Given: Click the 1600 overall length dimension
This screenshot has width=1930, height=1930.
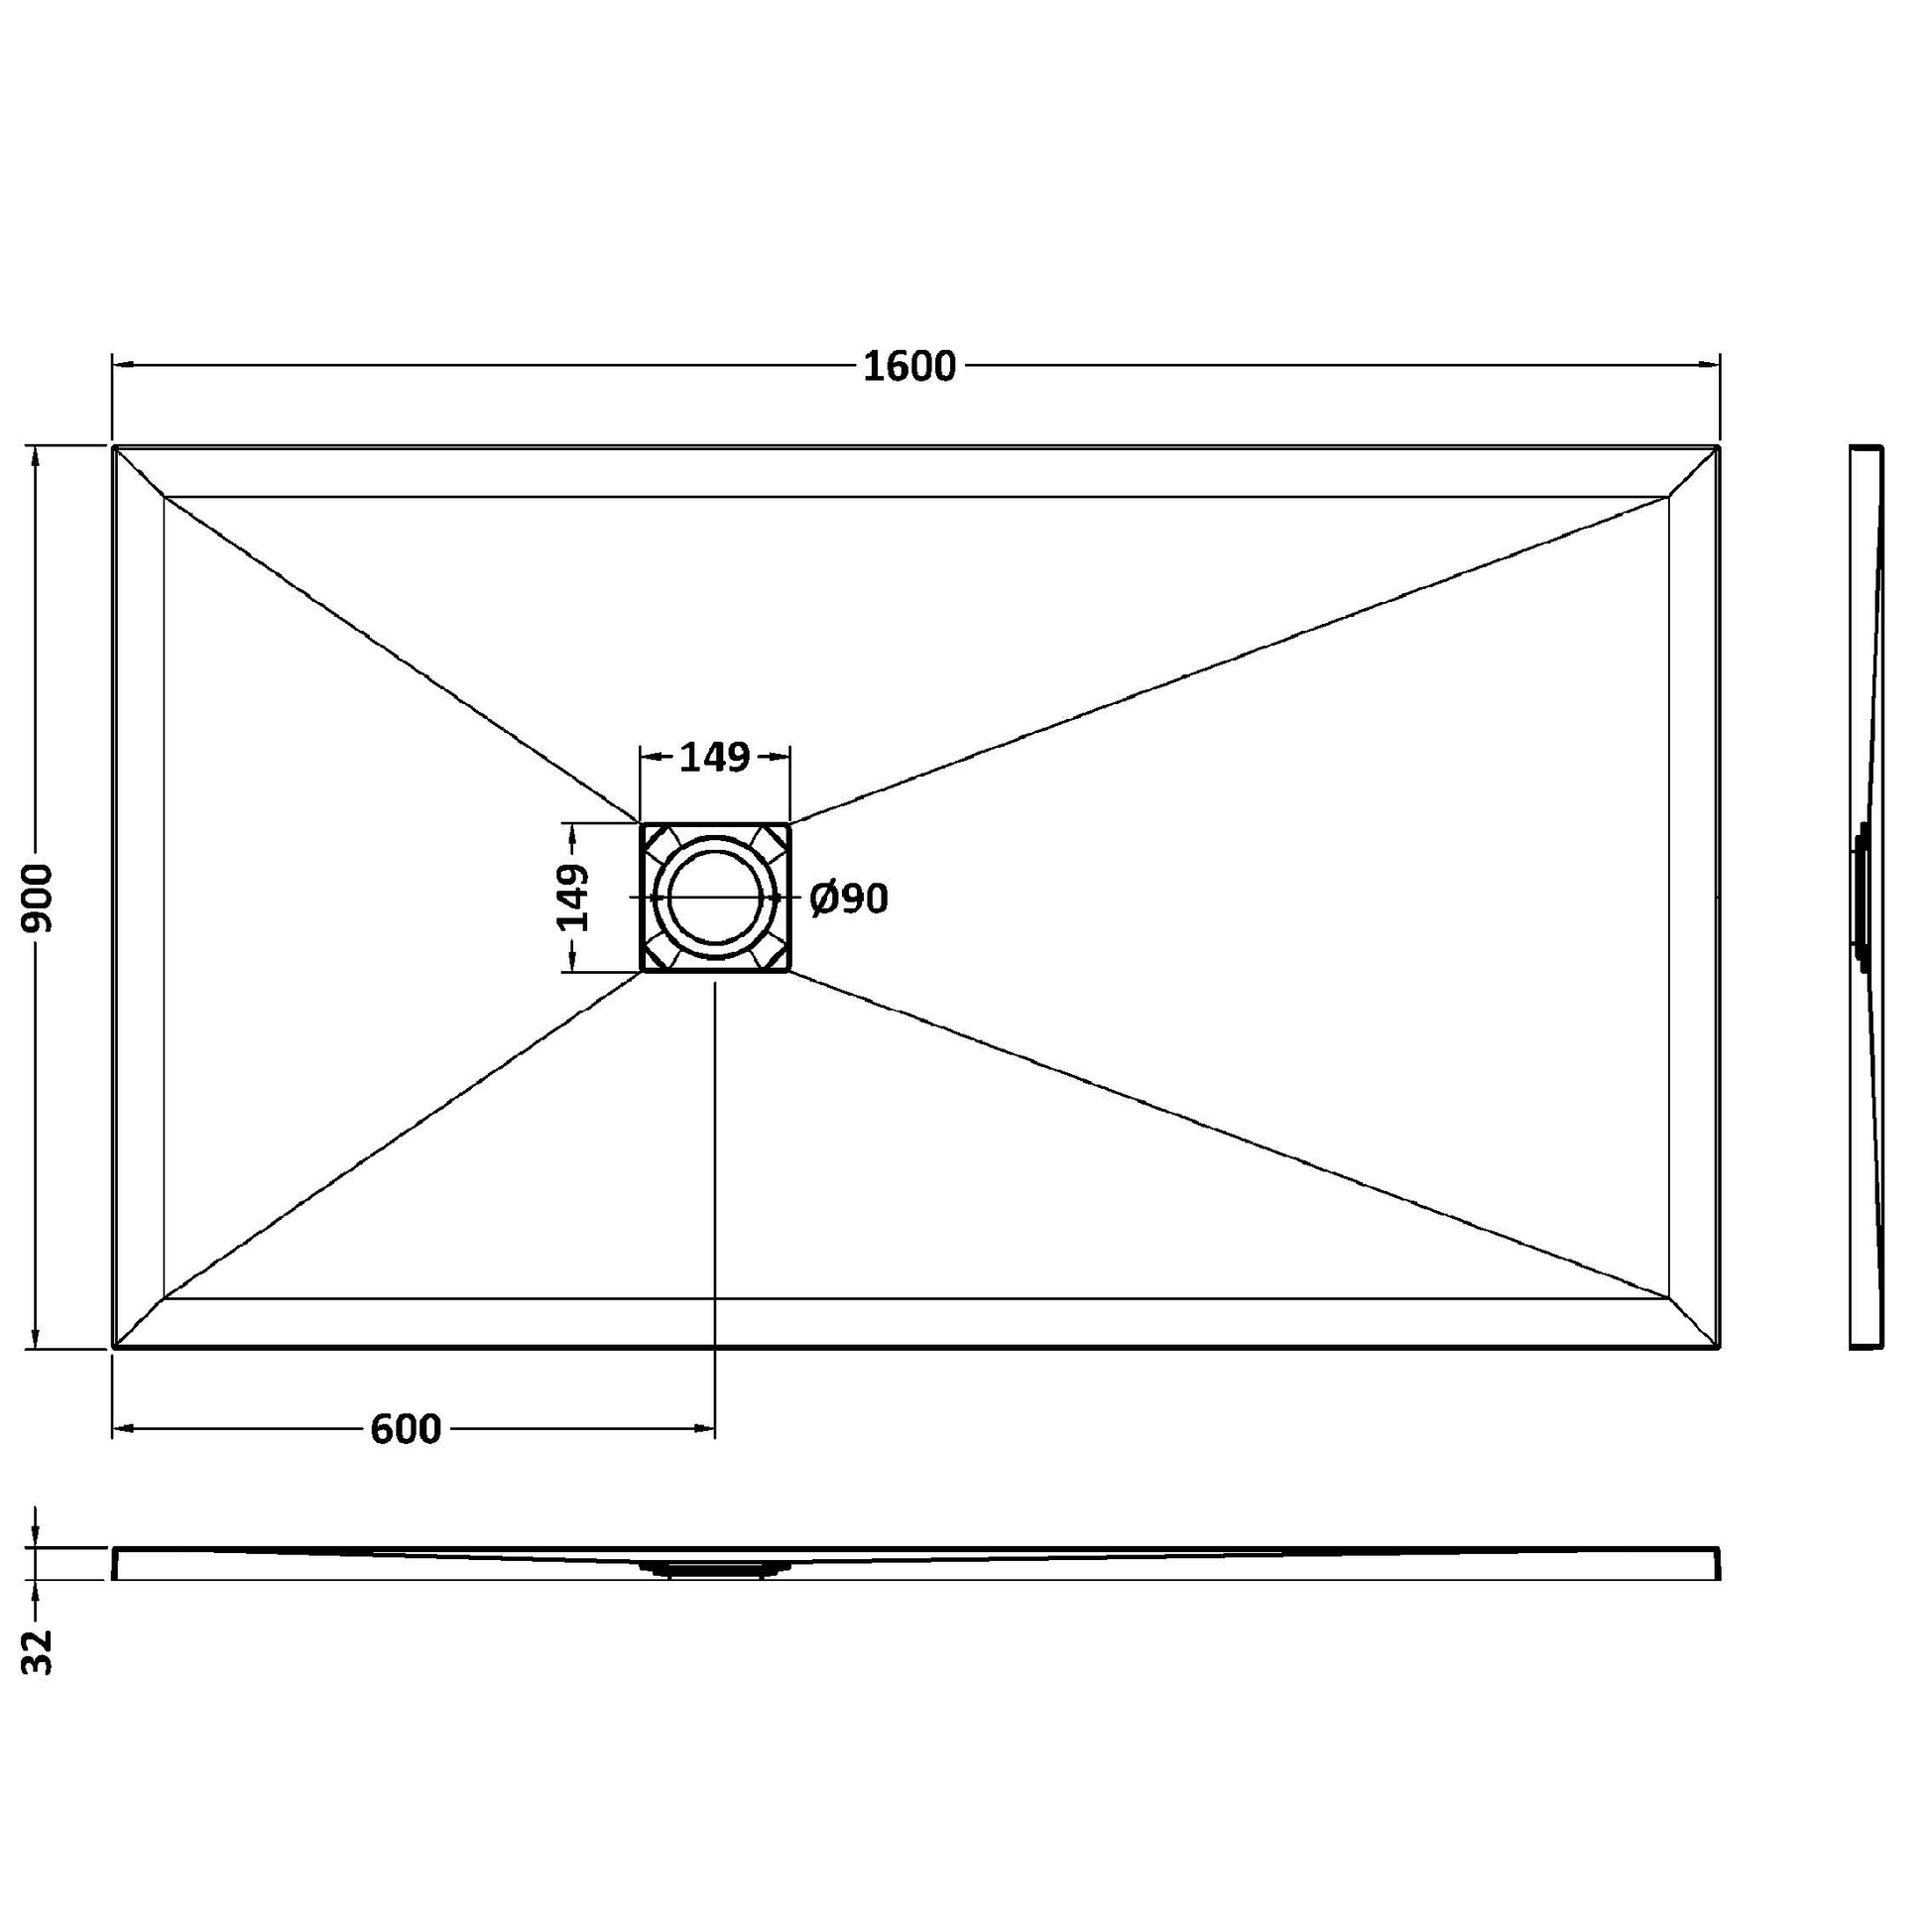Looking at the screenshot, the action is (909, 367).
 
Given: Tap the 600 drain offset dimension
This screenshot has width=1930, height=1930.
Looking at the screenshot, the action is (406, 1429).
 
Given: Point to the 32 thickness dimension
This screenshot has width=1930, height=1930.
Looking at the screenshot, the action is (38, 1650).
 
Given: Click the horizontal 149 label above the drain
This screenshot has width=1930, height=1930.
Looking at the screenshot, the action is (714, 758).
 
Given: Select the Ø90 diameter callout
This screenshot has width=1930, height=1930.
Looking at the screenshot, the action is (849, 900).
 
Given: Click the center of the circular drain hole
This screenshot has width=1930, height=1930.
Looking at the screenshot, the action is (715, 898).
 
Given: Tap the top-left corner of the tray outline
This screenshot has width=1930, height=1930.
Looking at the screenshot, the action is (114, 446).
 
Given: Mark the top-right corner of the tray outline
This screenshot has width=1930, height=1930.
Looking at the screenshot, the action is (1718, 446).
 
